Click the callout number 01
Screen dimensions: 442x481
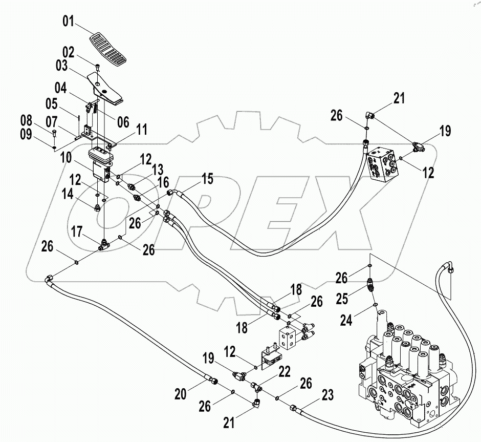click(x=69, y=22)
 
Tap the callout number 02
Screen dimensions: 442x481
click(x=69, y=52)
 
